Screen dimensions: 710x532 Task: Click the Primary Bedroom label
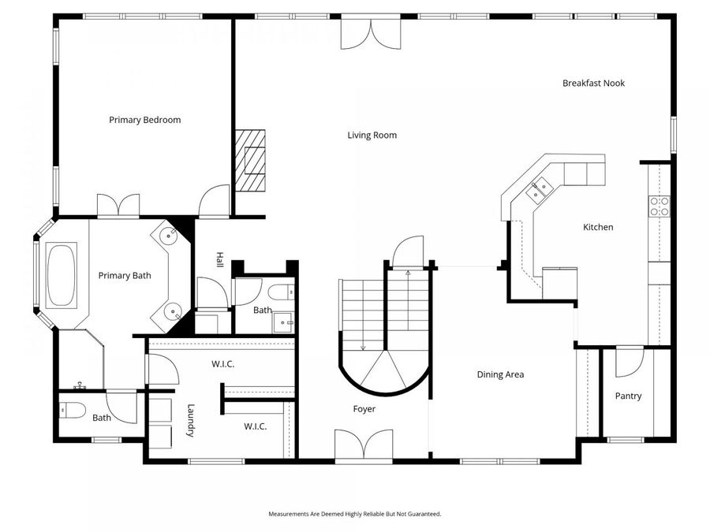click(x=145, y=120)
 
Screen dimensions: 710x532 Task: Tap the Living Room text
click(x=372, y=136)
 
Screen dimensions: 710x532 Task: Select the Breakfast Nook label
click(x=593, y=84)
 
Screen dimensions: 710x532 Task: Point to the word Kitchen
click(x=598, y=227)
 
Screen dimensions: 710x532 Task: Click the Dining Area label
click(x=500, y=374)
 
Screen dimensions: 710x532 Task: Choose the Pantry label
click(x=628, y=396)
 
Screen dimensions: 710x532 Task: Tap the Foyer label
click(x=364, y=409)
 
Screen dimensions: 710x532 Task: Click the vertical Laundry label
click(x=191, y=420)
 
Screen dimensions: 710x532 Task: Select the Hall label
click(x=219, y=259)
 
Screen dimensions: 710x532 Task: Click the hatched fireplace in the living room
click(x=250, y=161)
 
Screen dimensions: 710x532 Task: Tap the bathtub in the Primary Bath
click(x=62, y=275)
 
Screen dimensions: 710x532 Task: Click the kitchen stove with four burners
click(x=660, y=206)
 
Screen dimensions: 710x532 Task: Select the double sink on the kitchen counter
click(x=540, y=189)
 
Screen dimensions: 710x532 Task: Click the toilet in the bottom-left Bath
click(x=73, y=411)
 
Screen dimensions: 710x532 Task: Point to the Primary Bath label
click(x=125, y=276)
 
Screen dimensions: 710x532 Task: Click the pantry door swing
click(x=630, y=362)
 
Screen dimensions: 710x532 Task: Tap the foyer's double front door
click(x=364, y=445)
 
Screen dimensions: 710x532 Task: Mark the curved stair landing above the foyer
click(x=385, y=372)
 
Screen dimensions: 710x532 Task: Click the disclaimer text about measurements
click(x=354, y=514)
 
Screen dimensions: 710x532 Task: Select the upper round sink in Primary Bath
click(x=169, y=235)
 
